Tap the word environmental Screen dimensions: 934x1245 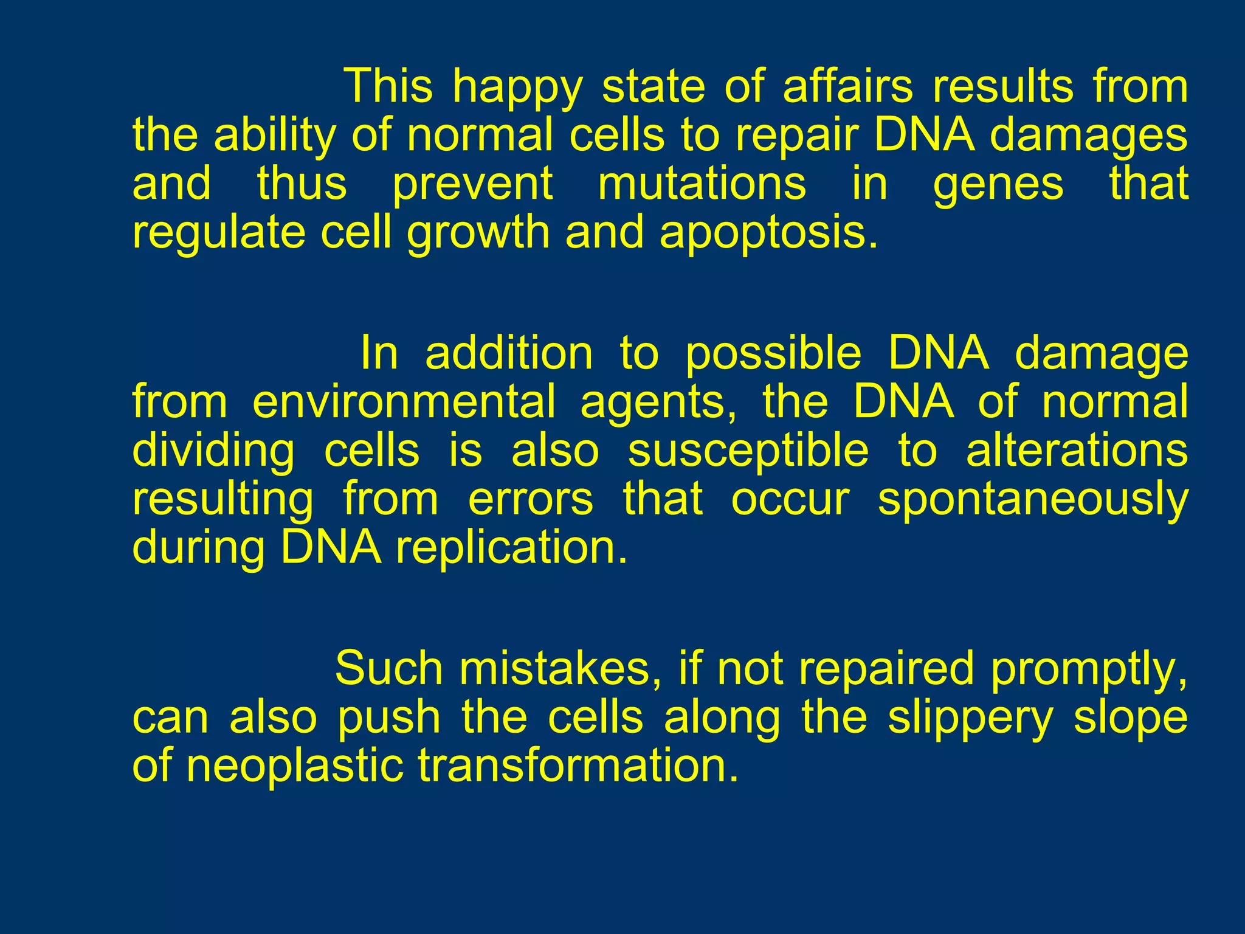[x=404, y=403]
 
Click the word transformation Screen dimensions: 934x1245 [x=578, y=766]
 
